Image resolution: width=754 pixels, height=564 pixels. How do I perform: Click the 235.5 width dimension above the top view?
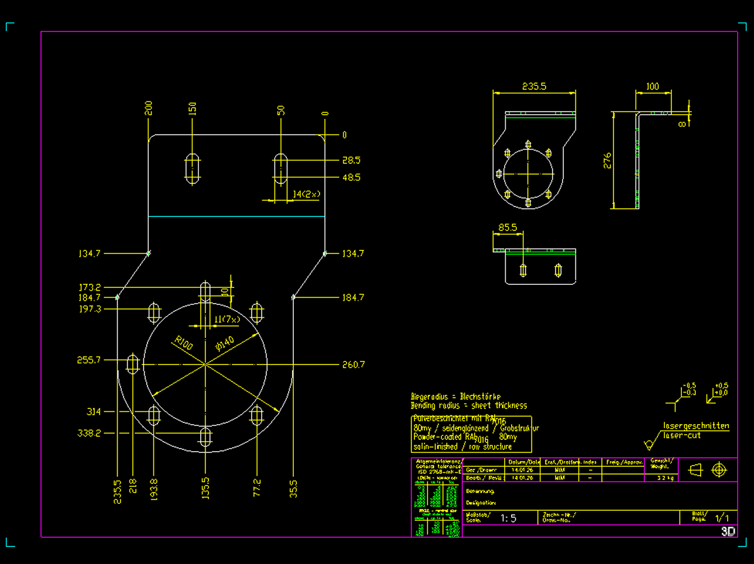pyautogui.click(x=534, y=87)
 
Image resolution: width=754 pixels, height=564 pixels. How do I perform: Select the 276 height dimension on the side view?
pyautogui.click(x=607, y=160)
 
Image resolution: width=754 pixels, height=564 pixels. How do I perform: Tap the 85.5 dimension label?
pyautogui.click(x=507, y=228)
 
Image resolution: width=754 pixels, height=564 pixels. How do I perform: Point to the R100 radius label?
pyautogui.click(x=183, y=342)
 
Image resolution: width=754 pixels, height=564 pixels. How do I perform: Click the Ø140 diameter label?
pyautogui.click(x=225, y=343)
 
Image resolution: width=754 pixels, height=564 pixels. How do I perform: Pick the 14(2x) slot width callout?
pyautogui.click(x=306, y=194)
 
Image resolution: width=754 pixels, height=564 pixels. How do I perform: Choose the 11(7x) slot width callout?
pyautogui.click(x=227, y=319)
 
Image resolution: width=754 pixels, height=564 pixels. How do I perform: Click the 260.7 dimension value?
pyautogui.click(x=353, y=364)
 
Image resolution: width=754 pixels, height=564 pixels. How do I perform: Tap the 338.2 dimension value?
pyautogui.click(x=89, y=433)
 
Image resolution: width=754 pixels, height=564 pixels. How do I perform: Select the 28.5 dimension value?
pyautogui.click(x=351, y=160)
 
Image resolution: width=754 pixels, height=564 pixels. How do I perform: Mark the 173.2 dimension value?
pyautogui.click(x=90, y=287)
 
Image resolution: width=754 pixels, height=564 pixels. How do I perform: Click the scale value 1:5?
pyautogui.click(x=508, y=518)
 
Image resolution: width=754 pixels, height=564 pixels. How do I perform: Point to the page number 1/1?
pyautogui.click(x=722, y=518)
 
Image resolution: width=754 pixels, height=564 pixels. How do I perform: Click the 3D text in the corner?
pyautogui.click(x=728, y=531)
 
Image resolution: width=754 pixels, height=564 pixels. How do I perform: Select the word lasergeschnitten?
pyautogui.click(x=696, y=426)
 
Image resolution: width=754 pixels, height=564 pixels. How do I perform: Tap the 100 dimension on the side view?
pyautogui.click(x=652, y=87)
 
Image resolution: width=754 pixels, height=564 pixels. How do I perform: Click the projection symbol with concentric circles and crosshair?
pyautogui.click(x=719, y=470)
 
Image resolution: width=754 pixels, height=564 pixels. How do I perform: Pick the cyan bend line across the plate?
pyautogui.click(x=236, y=216)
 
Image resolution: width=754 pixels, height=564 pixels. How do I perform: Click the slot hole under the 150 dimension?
pyautogui.click(x=192, y=168)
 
